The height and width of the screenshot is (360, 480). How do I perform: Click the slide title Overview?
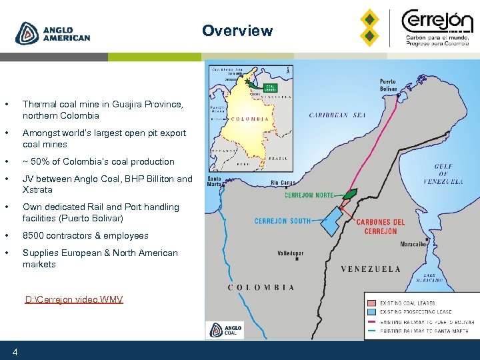pos(237,31)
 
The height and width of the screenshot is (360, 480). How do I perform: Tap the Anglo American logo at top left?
pos(53,33)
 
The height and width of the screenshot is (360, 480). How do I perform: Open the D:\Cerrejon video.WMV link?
pos(73,299)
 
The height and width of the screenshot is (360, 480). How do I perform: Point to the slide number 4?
pos(15,351)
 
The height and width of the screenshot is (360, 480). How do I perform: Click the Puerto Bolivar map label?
pos(389,85)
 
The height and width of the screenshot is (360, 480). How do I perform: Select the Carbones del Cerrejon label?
pos(381,227)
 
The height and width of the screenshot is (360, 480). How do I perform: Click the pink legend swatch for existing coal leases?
pos(371,303)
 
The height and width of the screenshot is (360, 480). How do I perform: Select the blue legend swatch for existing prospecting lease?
pos(371,312)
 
